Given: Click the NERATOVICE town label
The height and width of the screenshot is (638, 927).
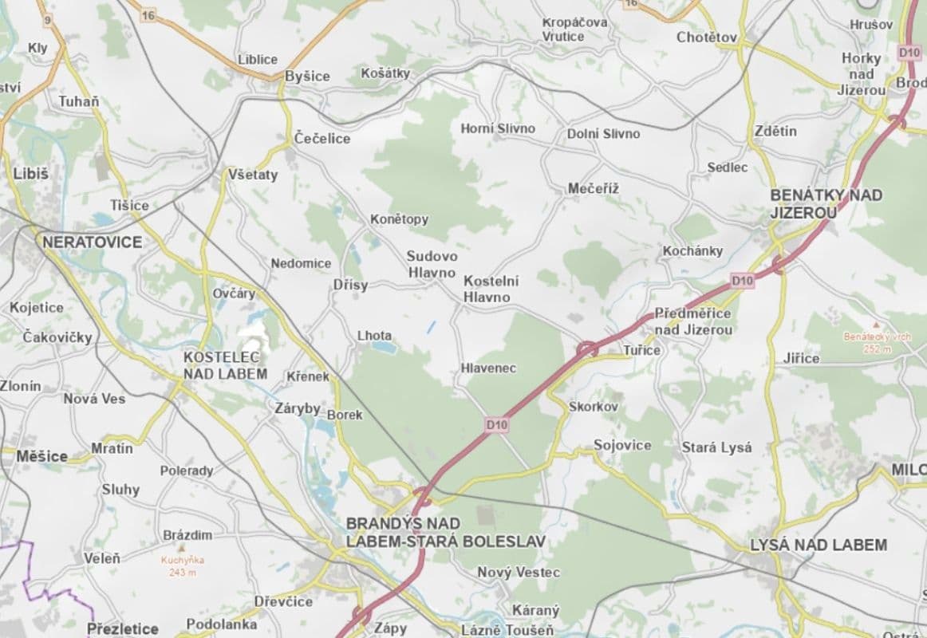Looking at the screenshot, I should coord(92,242).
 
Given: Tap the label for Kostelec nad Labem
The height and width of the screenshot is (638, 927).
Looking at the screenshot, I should coord(225,365).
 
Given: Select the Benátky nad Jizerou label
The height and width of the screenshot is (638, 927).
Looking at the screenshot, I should coord(826,203).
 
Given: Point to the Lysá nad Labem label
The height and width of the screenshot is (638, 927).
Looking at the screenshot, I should coord(819,545).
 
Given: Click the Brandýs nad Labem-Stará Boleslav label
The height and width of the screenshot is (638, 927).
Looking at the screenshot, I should coord(445,532).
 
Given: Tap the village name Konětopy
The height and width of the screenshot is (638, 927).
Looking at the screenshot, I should coord(399,219).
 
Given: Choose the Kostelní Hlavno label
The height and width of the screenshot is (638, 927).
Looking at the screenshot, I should coord(491,289).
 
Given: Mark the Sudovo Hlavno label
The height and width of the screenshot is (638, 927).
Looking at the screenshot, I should coord(432,264).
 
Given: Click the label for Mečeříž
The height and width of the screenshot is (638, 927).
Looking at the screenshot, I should coord(593,188).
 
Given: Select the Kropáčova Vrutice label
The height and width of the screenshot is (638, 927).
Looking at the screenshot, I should coord(574,30).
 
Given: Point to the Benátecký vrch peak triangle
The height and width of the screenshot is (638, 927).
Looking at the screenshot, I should coord(876,325).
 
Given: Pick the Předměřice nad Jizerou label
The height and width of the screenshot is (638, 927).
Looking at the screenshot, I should coord(692,321).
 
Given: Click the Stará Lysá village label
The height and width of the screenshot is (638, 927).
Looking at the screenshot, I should coord(716,447).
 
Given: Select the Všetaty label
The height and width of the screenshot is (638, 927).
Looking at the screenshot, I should coord(253,174).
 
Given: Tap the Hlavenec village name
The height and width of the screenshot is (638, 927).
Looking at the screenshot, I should coord(488,368).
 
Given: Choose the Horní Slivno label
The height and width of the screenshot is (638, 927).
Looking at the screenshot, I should coord(498,128).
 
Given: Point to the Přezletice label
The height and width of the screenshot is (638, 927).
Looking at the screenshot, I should coord(123,628).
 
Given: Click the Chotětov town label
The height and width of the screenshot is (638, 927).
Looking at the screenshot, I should coord(707,37).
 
